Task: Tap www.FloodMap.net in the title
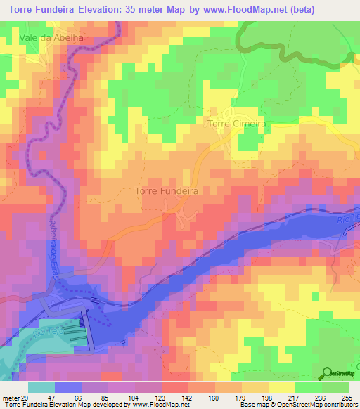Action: (x=239, y=9)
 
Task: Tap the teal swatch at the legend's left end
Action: (x=41, y=387)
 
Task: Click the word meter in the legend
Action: (x=11, y=398)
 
